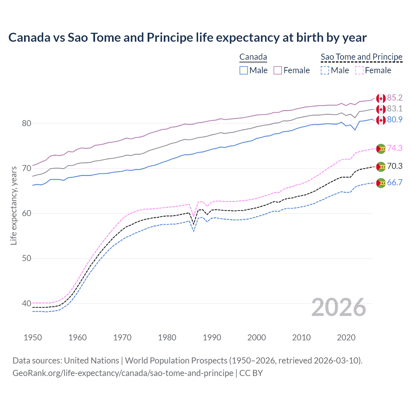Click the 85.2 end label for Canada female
coord(395,98)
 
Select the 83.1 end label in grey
coord(395,109)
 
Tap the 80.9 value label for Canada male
coord(395,119)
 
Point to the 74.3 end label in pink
coord(395,148)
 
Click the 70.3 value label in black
coord(395,166)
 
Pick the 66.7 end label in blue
coord(395,182)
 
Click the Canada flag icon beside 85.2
coord(381,98)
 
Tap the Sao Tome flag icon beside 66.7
coord(381,183)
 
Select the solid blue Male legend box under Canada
coord(244,70)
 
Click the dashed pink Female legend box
coord(359,70)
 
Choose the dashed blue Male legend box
coord(325,70)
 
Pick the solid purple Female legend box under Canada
coord(278,70)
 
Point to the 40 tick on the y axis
coord(27,303)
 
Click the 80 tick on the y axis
coord(27,123)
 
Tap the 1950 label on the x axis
coord(33,337)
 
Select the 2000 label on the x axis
coord(257,337)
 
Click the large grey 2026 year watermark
coord(339,307)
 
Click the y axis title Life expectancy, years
coord(13,205)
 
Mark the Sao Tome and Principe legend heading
coord(362,57)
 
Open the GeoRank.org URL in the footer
coord(123,373)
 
